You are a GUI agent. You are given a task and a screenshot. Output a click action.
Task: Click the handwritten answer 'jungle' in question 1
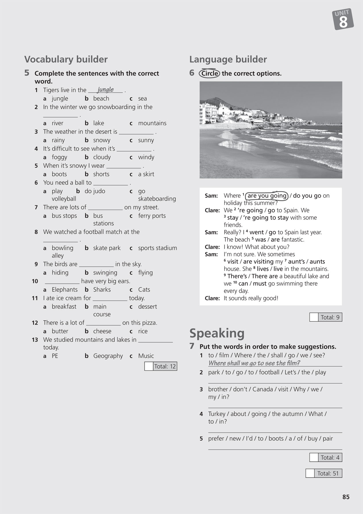(105, 90)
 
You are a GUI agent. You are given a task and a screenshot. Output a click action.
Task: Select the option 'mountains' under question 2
(152, 123)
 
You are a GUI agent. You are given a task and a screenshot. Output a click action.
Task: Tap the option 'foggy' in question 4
(59, 157)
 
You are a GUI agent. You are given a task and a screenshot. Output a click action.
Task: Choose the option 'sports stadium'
(157, 248)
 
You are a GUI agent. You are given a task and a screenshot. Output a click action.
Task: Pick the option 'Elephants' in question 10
(65, 289)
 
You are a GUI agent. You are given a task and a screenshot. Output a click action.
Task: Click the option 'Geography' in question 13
(108, 356)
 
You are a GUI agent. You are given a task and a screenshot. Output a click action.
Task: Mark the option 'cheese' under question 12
(102, 331)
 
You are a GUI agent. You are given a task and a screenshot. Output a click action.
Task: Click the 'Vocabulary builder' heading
(66, 59)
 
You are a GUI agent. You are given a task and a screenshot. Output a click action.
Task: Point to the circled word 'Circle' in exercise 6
(209, 74)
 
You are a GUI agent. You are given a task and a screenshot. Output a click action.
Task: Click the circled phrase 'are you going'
(267, 196)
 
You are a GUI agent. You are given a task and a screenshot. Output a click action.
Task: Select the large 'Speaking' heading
(217, 333)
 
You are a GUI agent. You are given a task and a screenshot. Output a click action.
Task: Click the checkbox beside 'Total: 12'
(148, 366)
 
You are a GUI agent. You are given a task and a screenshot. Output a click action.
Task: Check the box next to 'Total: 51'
(310, 473)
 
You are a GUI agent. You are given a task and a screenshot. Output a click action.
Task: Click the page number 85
(346, 497)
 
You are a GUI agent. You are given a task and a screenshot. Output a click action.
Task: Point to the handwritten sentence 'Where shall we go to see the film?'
(254, 363)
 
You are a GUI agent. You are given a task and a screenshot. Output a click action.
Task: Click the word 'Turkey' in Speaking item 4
(217, 414)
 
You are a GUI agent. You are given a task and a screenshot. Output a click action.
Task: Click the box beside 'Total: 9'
(314, 317)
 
